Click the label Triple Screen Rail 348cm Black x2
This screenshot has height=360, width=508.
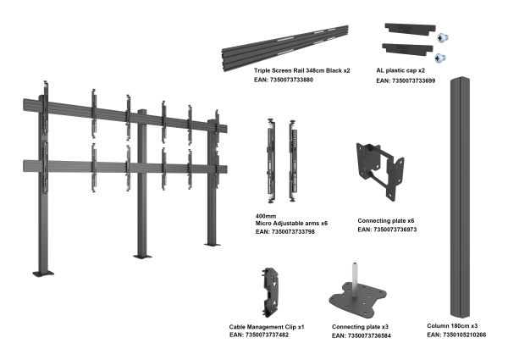coord(302,70)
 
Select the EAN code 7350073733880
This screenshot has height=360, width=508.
coord(291,80)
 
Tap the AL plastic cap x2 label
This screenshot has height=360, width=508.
coord(400,70)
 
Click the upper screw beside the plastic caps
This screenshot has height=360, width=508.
coord(442,38)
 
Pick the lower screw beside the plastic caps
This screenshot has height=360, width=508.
coord(439,58)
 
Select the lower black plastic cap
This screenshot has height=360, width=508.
coord(407,49)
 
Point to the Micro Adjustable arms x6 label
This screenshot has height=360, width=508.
coord(291,224)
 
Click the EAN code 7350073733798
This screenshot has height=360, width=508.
coord(293,232)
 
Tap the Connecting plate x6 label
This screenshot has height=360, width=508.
coord(386,221)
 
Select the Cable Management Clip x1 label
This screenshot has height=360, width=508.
coord(267,327)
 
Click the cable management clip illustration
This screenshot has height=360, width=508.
coord(270,292)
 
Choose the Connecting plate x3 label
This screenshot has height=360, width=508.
coord(360,327)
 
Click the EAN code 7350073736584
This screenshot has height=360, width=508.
coord(369,336)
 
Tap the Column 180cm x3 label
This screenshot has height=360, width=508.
coord(452,325)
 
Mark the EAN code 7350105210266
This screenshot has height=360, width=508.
coord(464,335)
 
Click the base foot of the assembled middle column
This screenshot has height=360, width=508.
coord(142,257)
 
